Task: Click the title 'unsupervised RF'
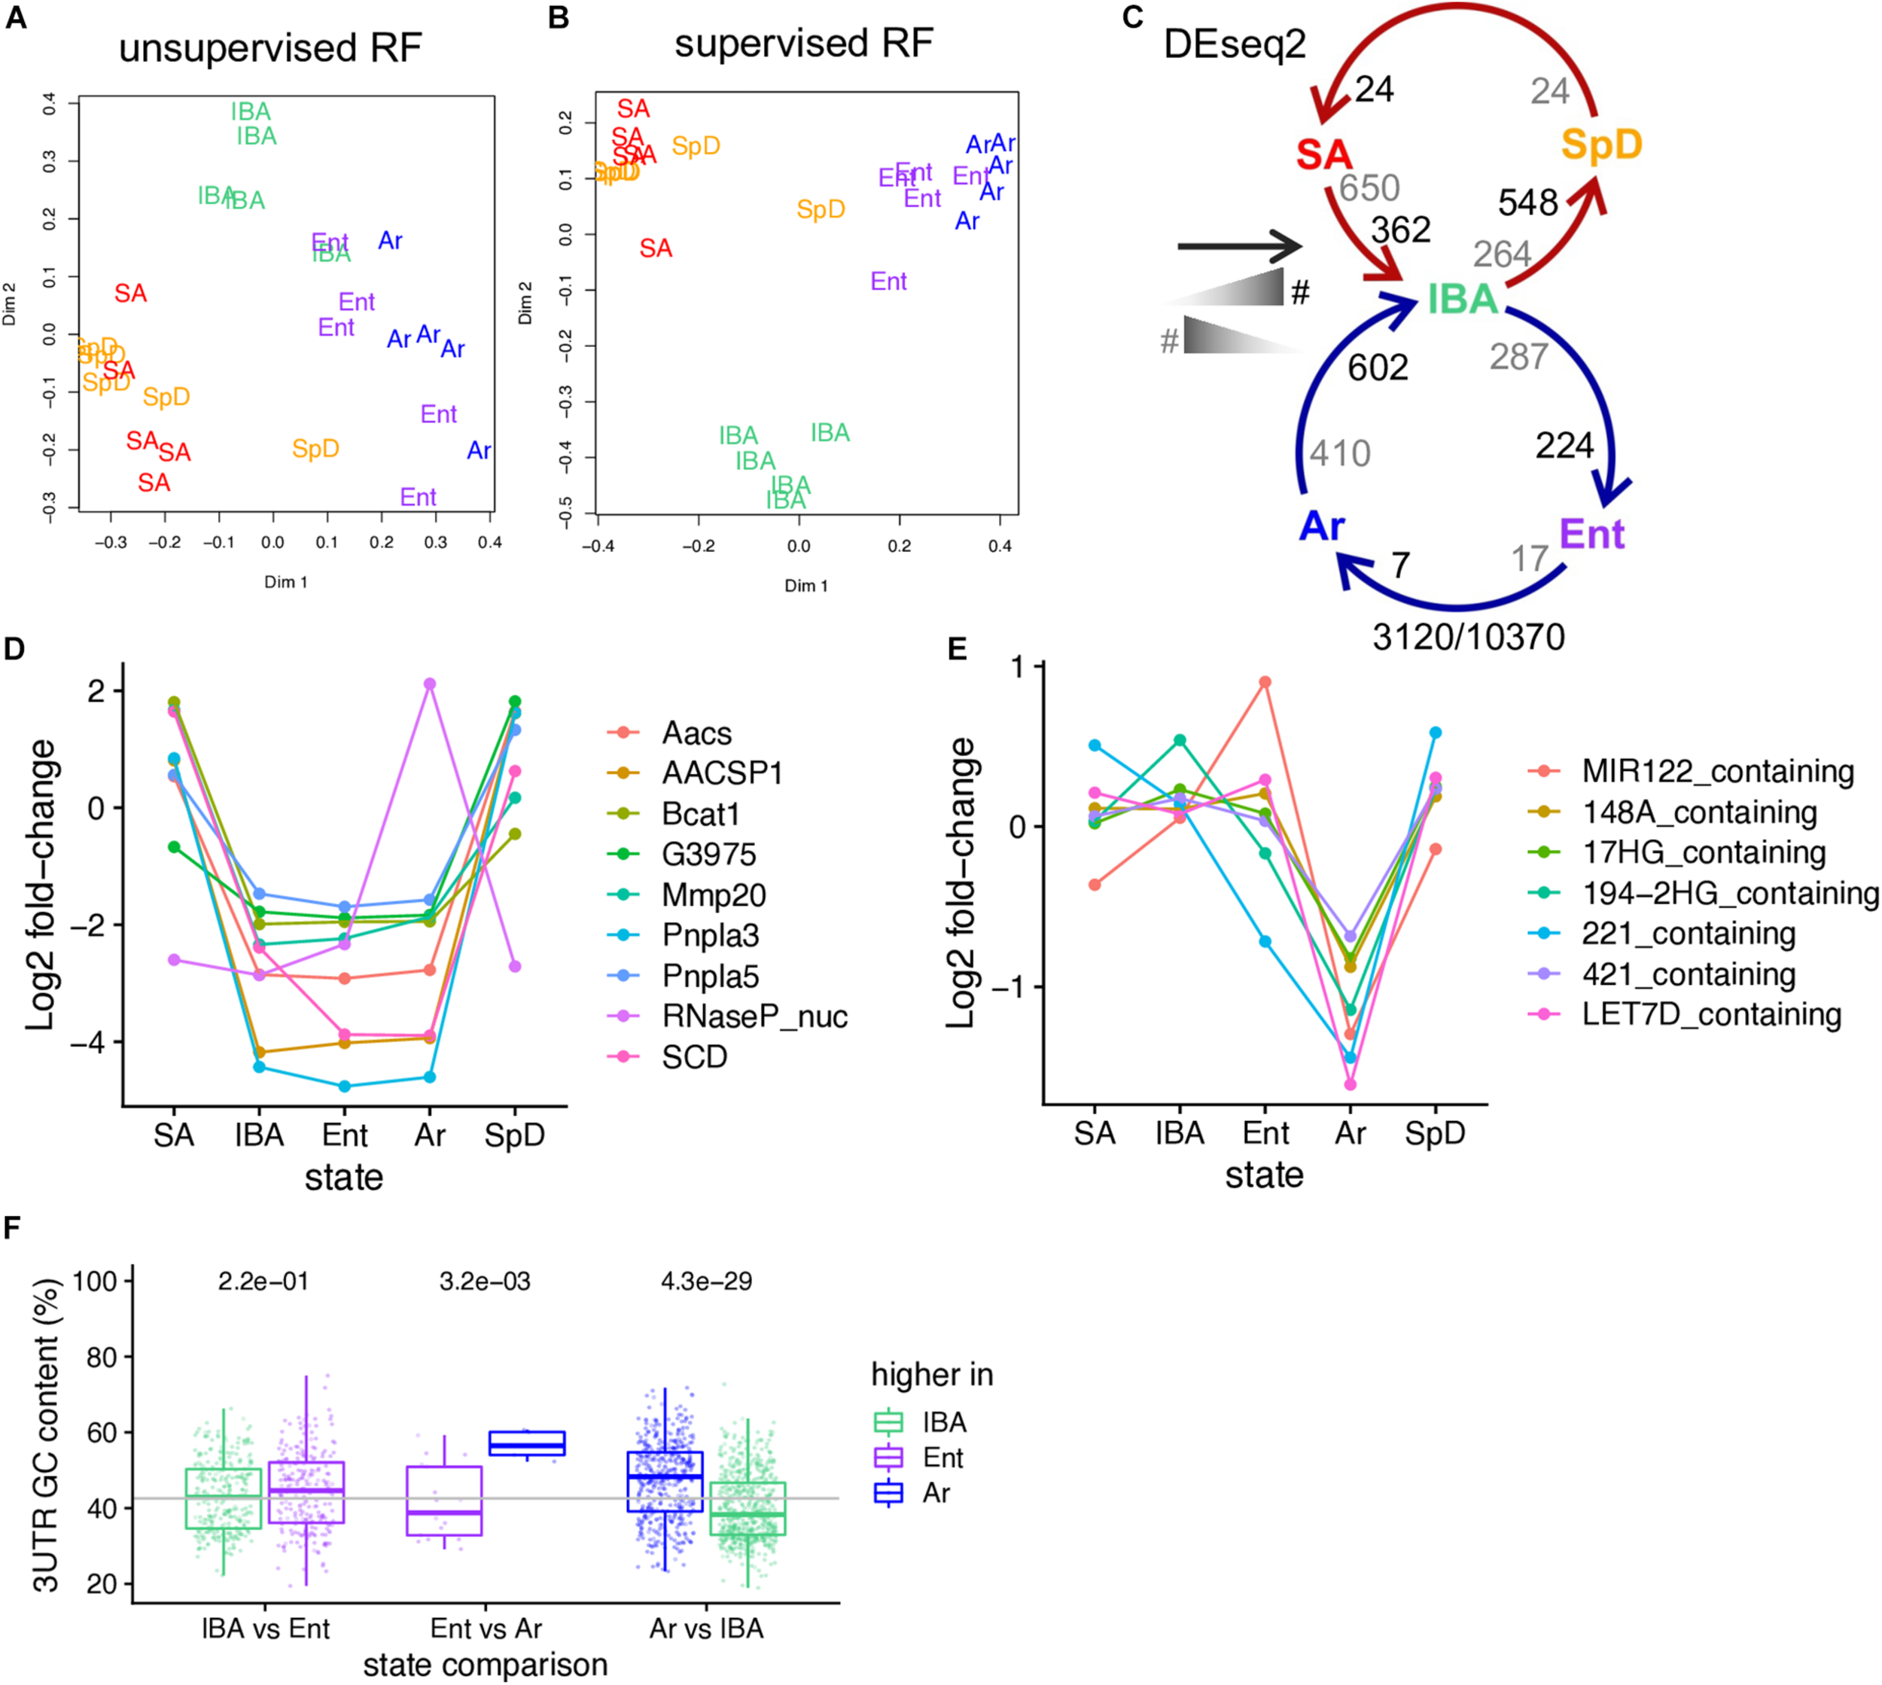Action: point(270,48)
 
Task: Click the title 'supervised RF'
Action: point(803,44)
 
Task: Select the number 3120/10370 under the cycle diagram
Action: point(1468,637)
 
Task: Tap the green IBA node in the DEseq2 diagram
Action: point(1462,299)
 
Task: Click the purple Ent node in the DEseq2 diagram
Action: point(1591,535)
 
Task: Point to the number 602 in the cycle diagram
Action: point(1378,367)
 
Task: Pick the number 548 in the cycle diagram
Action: point(1527,203)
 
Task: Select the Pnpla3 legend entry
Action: point(710,935)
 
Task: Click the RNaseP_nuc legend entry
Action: point(754,1016)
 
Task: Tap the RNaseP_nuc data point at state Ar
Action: point(430,684)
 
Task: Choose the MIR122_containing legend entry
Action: point(1717,771)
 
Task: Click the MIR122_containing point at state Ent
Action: point(1265,682)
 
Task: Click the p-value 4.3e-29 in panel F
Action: point(706,1281)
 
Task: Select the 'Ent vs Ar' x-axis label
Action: point(486,1628)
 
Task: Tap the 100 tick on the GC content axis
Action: point(96,1281)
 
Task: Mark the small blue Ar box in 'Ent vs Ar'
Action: point(527,1443)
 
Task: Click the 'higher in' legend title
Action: point(931,1375)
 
